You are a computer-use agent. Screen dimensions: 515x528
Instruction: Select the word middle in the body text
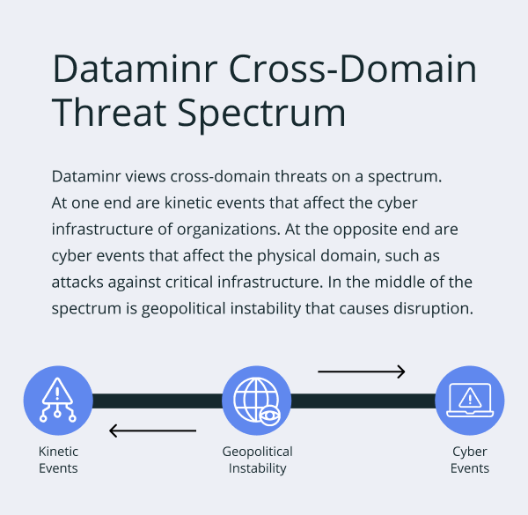(413, 282)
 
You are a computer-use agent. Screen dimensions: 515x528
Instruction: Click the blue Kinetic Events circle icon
(58, 401)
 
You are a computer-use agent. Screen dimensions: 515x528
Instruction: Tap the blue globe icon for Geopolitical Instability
(256, 401)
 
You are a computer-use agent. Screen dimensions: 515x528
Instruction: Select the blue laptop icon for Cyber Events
(470, 401)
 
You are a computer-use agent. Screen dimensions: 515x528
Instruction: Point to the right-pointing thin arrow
(361, 372)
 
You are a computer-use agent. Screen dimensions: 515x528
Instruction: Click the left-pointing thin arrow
(152, 430)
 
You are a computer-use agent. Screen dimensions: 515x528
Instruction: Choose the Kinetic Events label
(58, 460)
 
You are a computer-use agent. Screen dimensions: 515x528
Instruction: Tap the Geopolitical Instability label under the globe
(257, 460)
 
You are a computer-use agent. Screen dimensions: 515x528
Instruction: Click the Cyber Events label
(470, 460)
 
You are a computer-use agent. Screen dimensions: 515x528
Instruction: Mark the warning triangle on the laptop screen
(470, 398)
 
